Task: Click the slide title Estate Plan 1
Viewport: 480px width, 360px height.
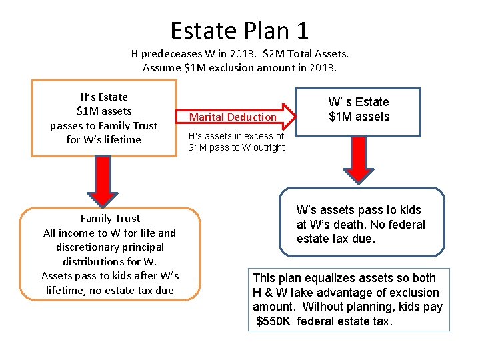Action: coord(239,30)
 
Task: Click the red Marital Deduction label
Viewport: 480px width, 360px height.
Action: coord(233,117)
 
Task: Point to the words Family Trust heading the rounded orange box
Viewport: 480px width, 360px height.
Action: coord(110,218)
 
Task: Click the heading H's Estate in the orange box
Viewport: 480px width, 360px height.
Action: coord(103,97)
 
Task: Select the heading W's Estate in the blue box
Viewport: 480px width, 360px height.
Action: coord(359,102)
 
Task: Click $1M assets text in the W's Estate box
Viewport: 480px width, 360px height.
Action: coord(359,117)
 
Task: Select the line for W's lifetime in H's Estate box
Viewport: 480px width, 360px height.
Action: coord(103,139)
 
